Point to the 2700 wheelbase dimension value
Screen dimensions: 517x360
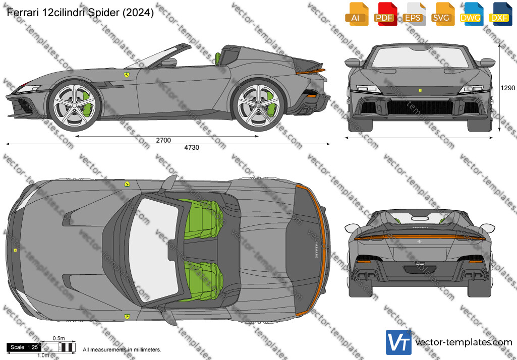(163, 140)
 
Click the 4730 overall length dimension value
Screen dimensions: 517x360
(192, 148)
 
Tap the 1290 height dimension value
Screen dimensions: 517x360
(507, 88)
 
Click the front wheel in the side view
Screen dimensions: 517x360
(74, 105)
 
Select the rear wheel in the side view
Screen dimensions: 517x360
(258, 105)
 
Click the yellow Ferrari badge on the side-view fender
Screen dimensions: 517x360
(127, 75)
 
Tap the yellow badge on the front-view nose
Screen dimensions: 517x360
(420, 90)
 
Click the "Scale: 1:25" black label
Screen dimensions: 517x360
(24, 347)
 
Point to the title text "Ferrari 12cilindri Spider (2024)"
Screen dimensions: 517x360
(80, 13)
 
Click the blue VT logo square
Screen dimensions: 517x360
(398, 342)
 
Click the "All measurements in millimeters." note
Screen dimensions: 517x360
(122, 349)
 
